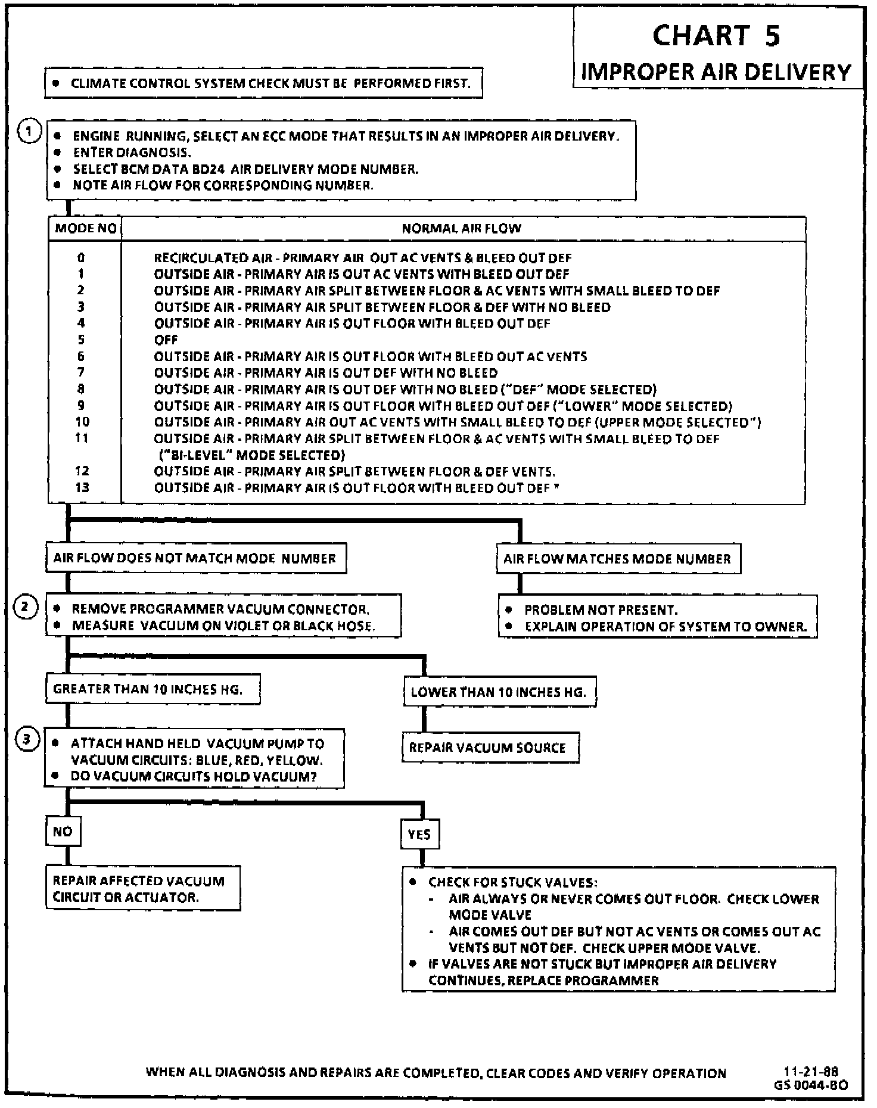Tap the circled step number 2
pyautogui.click(x=25, y=607)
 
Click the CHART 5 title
pyautogui.click(x=716, y=36)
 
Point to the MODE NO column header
pyautogui.click(x=85, y=228)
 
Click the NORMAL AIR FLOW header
pyautogui.click(x=462, y=228)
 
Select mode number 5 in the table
pyautogui.click(x=81, y=340)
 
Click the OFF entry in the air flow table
pyautogui.click(x=166, y=340)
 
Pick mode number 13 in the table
pyautogui.click(x=82, y=487)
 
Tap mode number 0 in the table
pyautogui.click(x=81, y=258)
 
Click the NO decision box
pyautogui.click(x=63, y=831)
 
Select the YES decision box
pyautogui.click(x=419, y=835)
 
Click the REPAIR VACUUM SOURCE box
pyautogui.click(x=490, y=748)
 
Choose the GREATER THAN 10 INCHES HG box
pyautogui.click(x=152, y=689)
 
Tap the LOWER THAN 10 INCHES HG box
pyautogui.click(x=499, y=692)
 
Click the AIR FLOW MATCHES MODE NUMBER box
pyautogui.click(x=618, y=559)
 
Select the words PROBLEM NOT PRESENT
pyautogui.click(x=601, y=610)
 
